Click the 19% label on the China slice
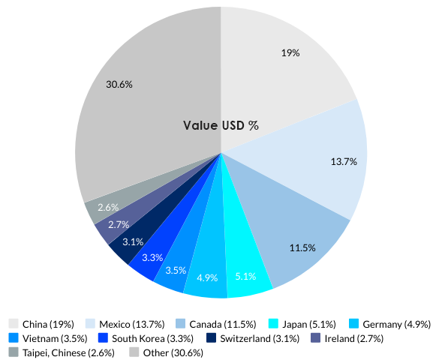[x=290, y=53]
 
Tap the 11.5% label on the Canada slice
[x=302, y=247]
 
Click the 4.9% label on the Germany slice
[x=206, y=277]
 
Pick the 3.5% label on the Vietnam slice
[x=176, y=270]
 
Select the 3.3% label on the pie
[x=152, y=257]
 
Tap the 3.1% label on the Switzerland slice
[x=133, y=241]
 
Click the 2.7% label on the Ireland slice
[x=119, y=224]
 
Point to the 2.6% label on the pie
[x=109, y=207]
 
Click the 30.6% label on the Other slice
[x=119, y=85]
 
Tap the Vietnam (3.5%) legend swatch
[x=14, y=338]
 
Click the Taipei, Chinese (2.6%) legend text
[x=68, y=352]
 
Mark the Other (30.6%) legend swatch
[x=134, y=352]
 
